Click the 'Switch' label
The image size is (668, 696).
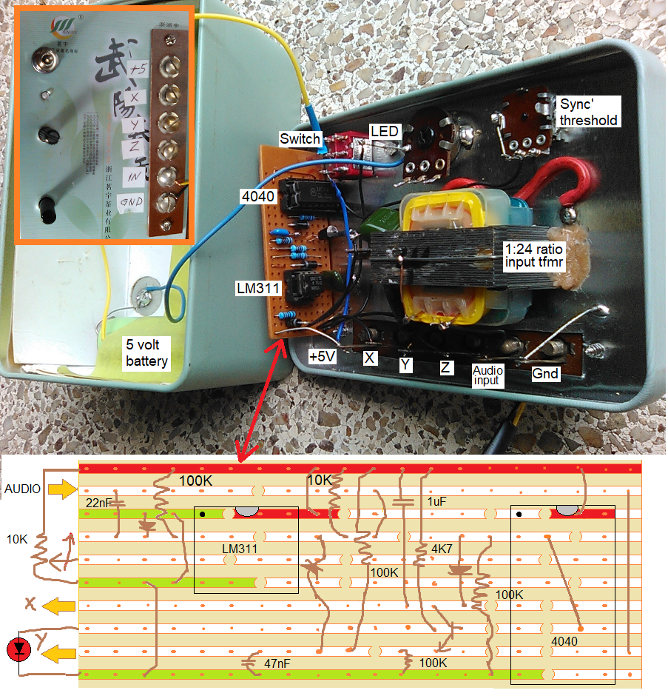pyautogui.click(x=300, y=138)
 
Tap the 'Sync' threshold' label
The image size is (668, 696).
pyautogui.click(x=588, y=111)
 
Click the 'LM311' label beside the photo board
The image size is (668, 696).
pyautogui.click(x=256, y=287)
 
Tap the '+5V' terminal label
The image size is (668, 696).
pyautogui.click(x=323, y=356)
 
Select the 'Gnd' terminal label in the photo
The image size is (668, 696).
pyautogui.click(x=545, y=374)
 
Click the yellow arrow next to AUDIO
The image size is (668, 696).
pyautogui.click(x=61, y=489)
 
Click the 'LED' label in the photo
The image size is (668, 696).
pyautogui.click(x=385, y=131)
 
